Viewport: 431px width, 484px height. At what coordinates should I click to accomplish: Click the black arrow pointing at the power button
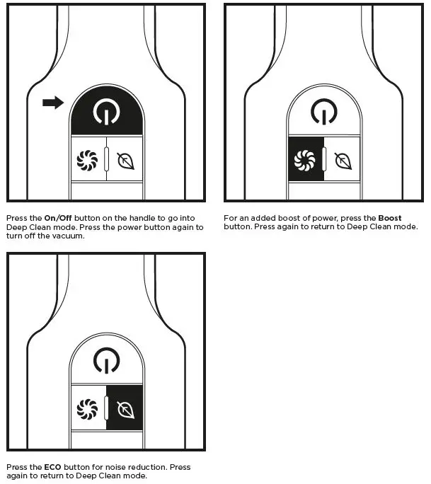point(53,103)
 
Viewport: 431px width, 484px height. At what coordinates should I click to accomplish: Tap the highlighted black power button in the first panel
point(106,111)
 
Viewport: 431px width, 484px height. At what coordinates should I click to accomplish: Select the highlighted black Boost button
point(305,159)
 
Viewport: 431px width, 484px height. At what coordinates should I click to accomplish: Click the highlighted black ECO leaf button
point(125,408)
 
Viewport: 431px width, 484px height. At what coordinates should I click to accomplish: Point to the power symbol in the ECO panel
point(106,361)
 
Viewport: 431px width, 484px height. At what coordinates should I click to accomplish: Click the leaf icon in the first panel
point(125,159)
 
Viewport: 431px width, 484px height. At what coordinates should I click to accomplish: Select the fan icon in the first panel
point(88,159)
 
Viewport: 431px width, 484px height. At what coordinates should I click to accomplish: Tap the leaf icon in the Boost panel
point(343,159)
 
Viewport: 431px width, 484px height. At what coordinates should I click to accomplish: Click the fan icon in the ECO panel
point(88,408)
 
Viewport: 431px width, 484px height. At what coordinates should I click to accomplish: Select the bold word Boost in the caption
point(390,218)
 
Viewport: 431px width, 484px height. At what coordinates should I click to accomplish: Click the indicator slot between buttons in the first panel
point(106,160)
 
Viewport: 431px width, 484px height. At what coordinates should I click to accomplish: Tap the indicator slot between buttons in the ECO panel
point(106,409)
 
